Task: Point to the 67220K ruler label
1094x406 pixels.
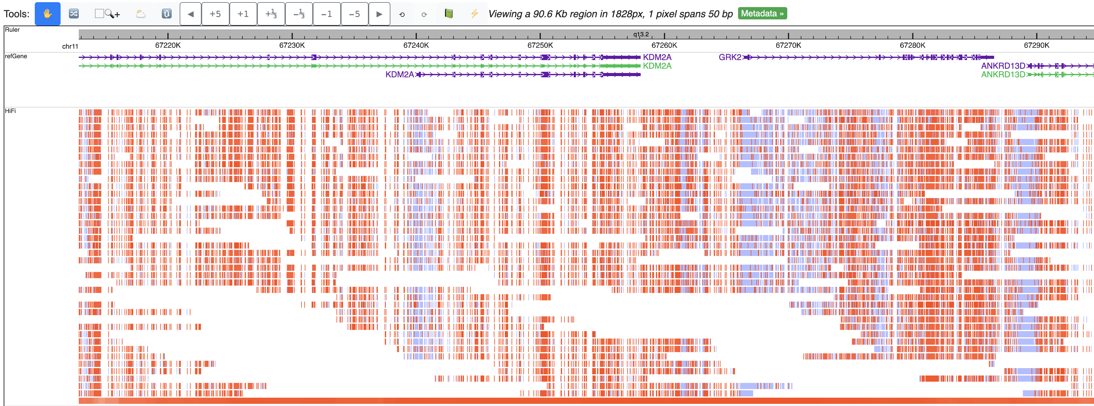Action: click(168, 45)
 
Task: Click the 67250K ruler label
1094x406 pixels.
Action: click(540, 45)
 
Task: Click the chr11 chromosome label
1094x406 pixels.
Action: click(70, 46)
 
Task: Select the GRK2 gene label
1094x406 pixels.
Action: click(730, 57)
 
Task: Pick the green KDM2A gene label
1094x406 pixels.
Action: click(657, 66)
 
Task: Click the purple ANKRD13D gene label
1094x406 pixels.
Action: click(1003, 66)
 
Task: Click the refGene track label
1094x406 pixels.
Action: click(16, 56)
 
